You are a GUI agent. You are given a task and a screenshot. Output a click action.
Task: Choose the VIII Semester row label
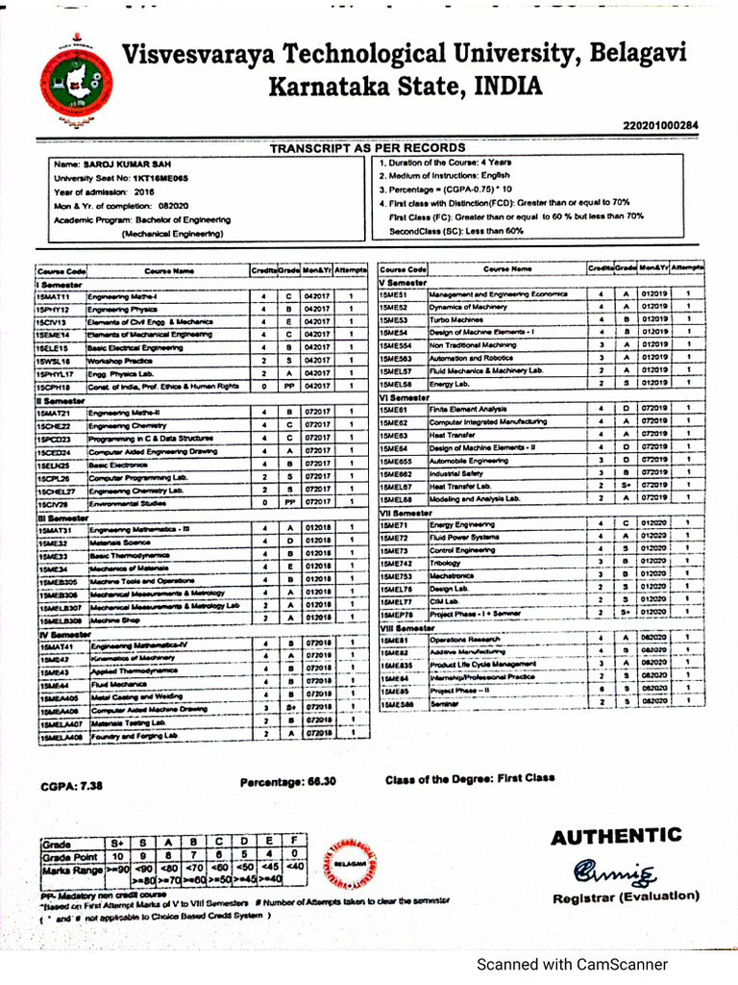pos(409,626)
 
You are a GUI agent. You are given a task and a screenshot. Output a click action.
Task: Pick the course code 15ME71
pos(395,524)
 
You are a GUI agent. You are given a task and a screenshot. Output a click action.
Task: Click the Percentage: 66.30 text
pos(288,782)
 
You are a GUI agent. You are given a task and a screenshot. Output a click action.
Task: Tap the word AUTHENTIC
pos(616,836)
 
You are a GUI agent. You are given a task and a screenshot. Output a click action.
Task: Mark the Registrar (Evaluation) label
pos(626,897)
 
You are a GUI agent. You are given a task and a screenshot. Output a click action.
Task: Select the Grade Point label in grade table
pos(70,855)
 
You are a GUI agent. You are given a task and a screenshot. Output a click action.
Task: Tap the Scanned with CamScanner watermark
pos(574,964)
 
